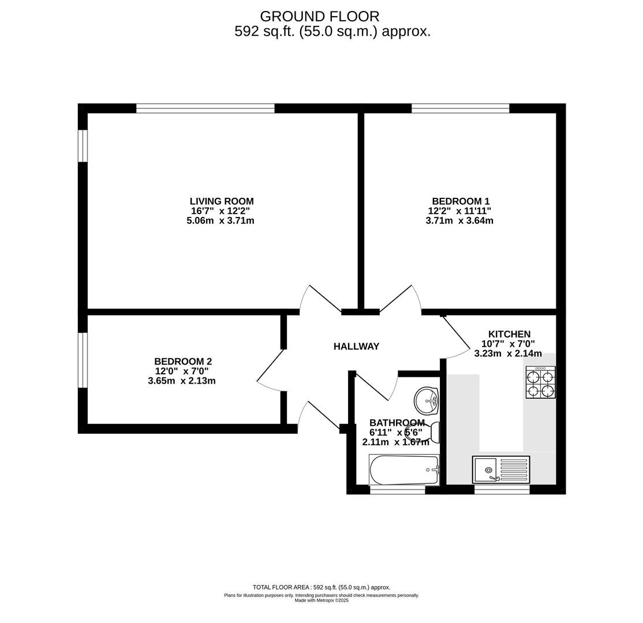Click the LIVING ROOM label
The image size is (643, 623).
click(x=222, y=201)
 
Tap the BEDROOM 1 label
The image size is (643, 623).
click(x=461, y=201)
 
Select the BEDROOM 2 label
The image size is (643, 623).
click(x=183, y=362)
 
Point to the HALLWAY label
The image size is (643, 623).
click(x=356, y=346)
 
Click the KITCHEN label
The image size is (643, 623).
click(x=509, y=334)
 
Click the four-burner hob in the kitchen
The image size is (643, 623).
click(x=541, y=382)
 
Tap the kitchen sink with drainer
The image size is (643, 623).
click(x=501, y=470)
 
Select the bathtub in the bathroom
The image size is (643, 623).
click(x=405, y=470)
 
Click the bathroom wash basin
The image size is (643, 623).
click(x=427, y=400)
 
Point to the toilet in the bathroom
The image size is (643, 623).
click(x=423, y=431)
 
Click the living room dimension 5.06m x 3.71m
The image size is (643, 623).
click(x=220, y=220)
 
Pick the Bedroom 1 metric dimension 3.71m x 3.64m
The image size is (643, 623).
click(x=459, y=220)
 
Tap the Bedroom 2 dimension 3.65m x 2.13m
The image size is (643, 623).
click(x=182, y=381)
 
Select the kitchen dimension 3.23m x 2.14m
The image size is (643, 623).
click(x=508, y=353)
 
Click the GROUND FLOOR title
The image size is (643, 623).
click(x=319, y=16)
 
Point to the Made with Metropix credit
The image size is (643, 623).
click(x=321, y=601)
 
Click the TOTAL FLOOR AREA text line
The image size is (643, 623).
click(x=321, y=587)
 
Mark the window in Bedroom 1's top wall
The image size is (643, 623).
click(x=460, y=108)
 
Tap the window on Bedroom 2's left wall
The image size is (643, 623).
click(x=83, y=360)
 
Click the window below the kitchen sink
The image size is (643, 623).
click(x=502, y=489)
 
